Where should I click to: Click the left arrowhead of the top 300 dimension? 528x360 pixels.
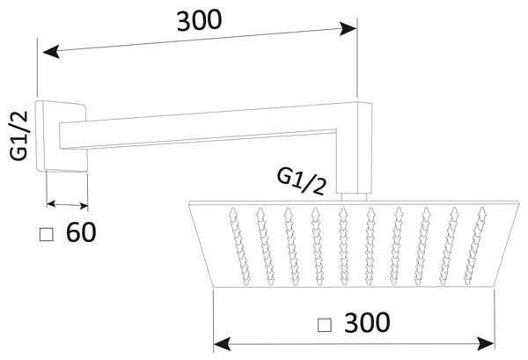(50, 53)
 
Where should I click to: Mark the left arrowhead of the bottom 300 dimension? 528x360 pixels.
(223, 341)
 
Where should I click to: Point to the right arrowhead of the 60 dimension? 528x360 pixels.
(84, 207)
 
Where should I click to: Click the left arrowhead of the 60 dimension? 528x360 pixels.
(51, 203)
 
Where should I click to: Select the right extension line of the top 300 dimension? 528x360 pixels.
(357, 62)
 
